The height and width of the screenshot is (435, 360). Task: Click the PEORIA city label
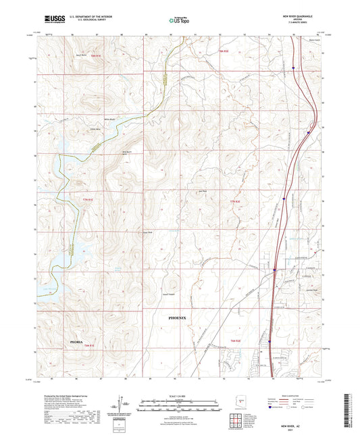tap(78, 343)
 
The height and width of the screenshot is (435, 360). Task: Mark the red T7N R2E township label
tap(235, 203)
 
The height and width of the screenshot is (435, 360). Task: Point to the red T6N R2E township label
tap(235, 340)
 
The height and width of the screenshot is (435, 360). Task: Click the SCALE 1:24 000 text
tap(180, 395)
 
